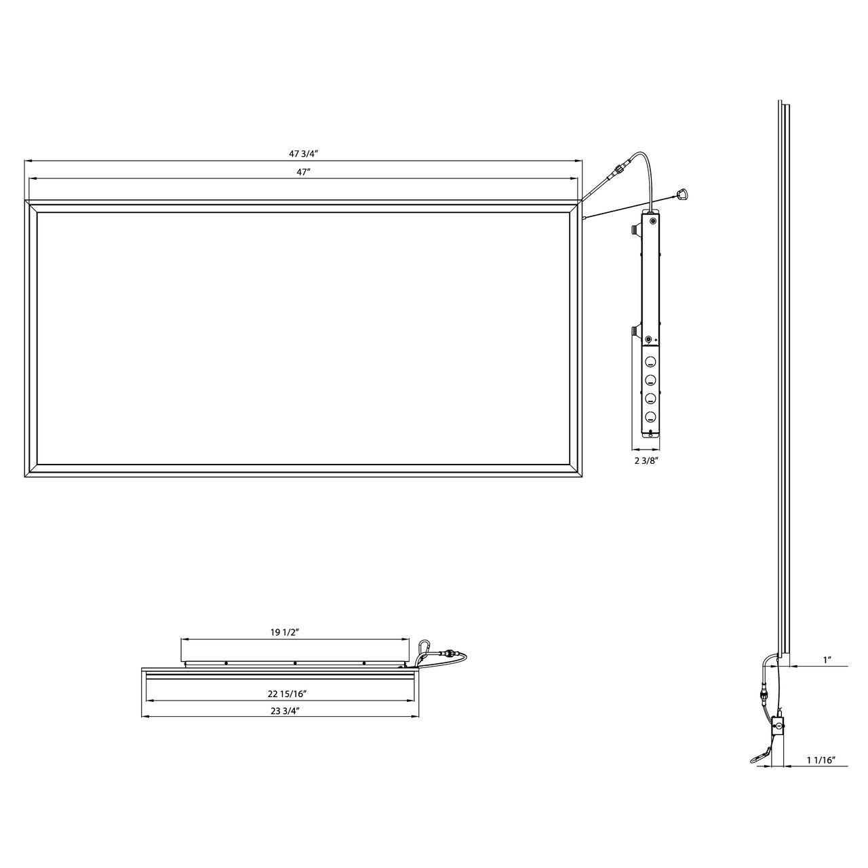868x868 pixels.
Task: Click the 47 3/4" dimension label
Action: click(x=303, y=153)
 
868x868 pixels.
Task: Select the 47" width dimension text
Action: click(x=303, y=172)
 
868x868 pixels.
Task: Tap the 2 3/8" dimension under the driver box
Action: click(x=646, y=460)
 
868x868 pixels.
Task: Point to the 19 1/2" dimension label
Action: click(x=285, y=632)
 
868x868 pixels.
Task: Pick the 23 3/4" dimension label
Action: click(x=285, y=710)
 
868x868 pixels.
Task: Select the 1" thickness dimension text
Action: click(x=827, y=660)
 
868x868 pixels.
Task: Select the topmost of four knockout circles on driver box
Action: click(x=650, y=361)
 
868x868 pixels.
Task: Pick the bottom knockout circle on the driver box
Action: click(x=650, y=416)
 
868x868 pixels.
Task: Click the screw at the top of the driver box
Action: click(x=653, y=220)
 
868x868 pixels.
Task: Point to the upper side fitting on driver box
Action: click(x=636, y=231)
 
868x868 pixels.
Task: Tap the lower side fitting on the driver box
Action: click(x=636, y=330)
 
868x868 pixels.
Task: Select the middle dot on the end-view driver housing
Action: click(x=295, y=663)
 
